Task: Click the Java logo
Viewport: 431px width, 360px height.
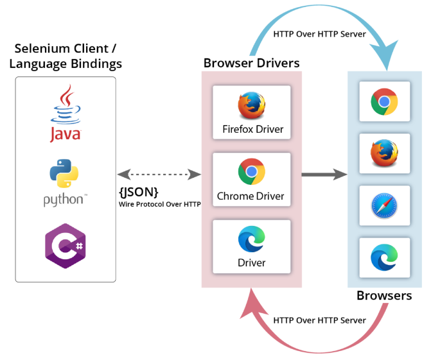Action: coord(66,113)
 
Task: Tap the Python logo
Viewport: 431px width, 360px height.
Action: coord(64,183)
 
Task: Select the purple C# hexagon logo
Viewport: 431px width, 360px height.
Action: coord(66,246)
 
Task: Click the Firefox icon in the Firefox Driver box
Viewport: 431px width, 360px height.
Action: coord(252,105)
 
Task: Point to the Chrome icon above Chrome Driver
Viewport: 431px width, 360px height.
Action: coord(252,171)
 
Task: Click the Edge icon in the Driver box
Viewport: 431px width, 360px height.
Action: coord(252,239)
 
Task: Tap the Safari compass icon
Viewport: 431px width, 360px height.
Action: coord(384,206)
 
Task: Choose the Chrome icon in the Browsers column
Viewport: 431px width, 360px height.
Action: coord(384,101)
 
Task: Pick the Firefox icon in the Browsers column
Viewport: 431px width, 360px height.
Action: coord(384,153)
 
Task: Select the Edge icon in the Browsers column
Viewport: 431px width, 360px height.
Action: coord(384,257)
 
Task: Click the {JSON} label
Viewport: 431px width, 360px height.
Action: coord(139,193)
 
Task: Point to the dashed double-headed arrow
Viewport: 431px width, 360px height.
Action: coord(159,175)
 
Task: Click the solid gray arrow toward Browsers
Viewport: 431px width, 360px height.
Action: coord(324,175)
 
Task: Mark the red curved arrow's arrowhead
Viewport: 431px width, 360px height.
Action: coord(252,304)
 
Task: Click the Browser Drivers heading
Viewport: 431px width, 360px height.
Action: coord(252,63)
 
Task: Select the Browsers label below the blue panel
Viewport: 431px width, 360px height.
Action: coord(384,296)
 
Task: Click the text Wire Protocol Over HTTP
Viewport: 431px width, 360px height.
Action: coord(160,204)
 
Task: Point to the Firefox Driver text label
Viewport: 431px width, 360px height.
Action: coord(253,129)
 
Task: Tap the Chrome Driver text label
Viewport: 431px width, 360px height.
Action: coord(251,196)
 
